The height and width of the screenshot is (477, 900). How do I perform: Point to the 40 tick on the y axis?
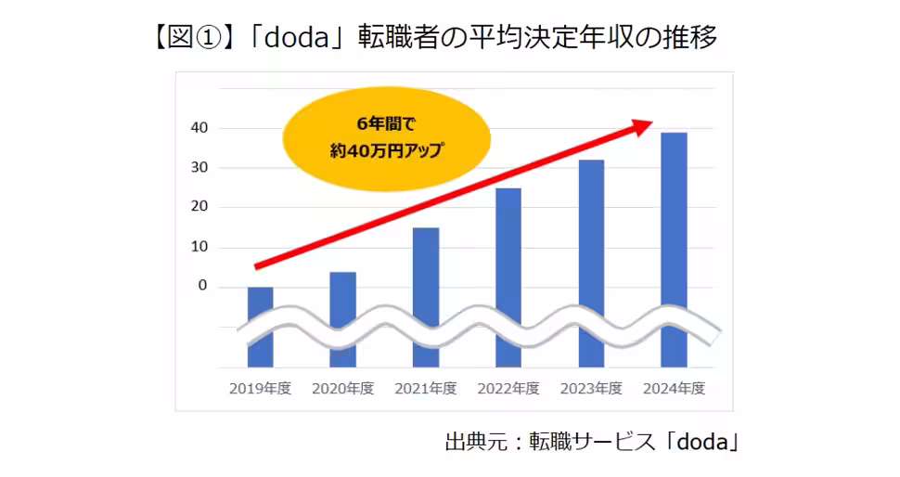199,128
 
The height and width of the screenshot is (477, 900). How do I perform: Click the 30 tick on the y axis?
199,168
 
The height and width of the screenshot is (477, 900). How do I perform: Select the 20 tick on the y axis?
199,207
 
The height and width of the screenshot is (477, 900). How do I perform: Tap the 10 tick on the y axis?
199,247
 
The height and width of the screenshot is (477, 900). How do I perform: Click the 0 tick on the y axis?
202,287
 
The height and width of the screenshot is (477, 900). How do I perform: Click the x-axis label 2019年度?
260,389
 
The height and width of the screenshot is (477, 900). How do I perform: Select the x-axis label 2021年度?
426,389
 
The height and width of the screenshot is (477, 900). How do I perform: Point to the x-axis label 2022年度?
508,389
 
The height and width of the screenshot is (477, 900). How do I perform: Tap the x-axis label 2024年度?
675,389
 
